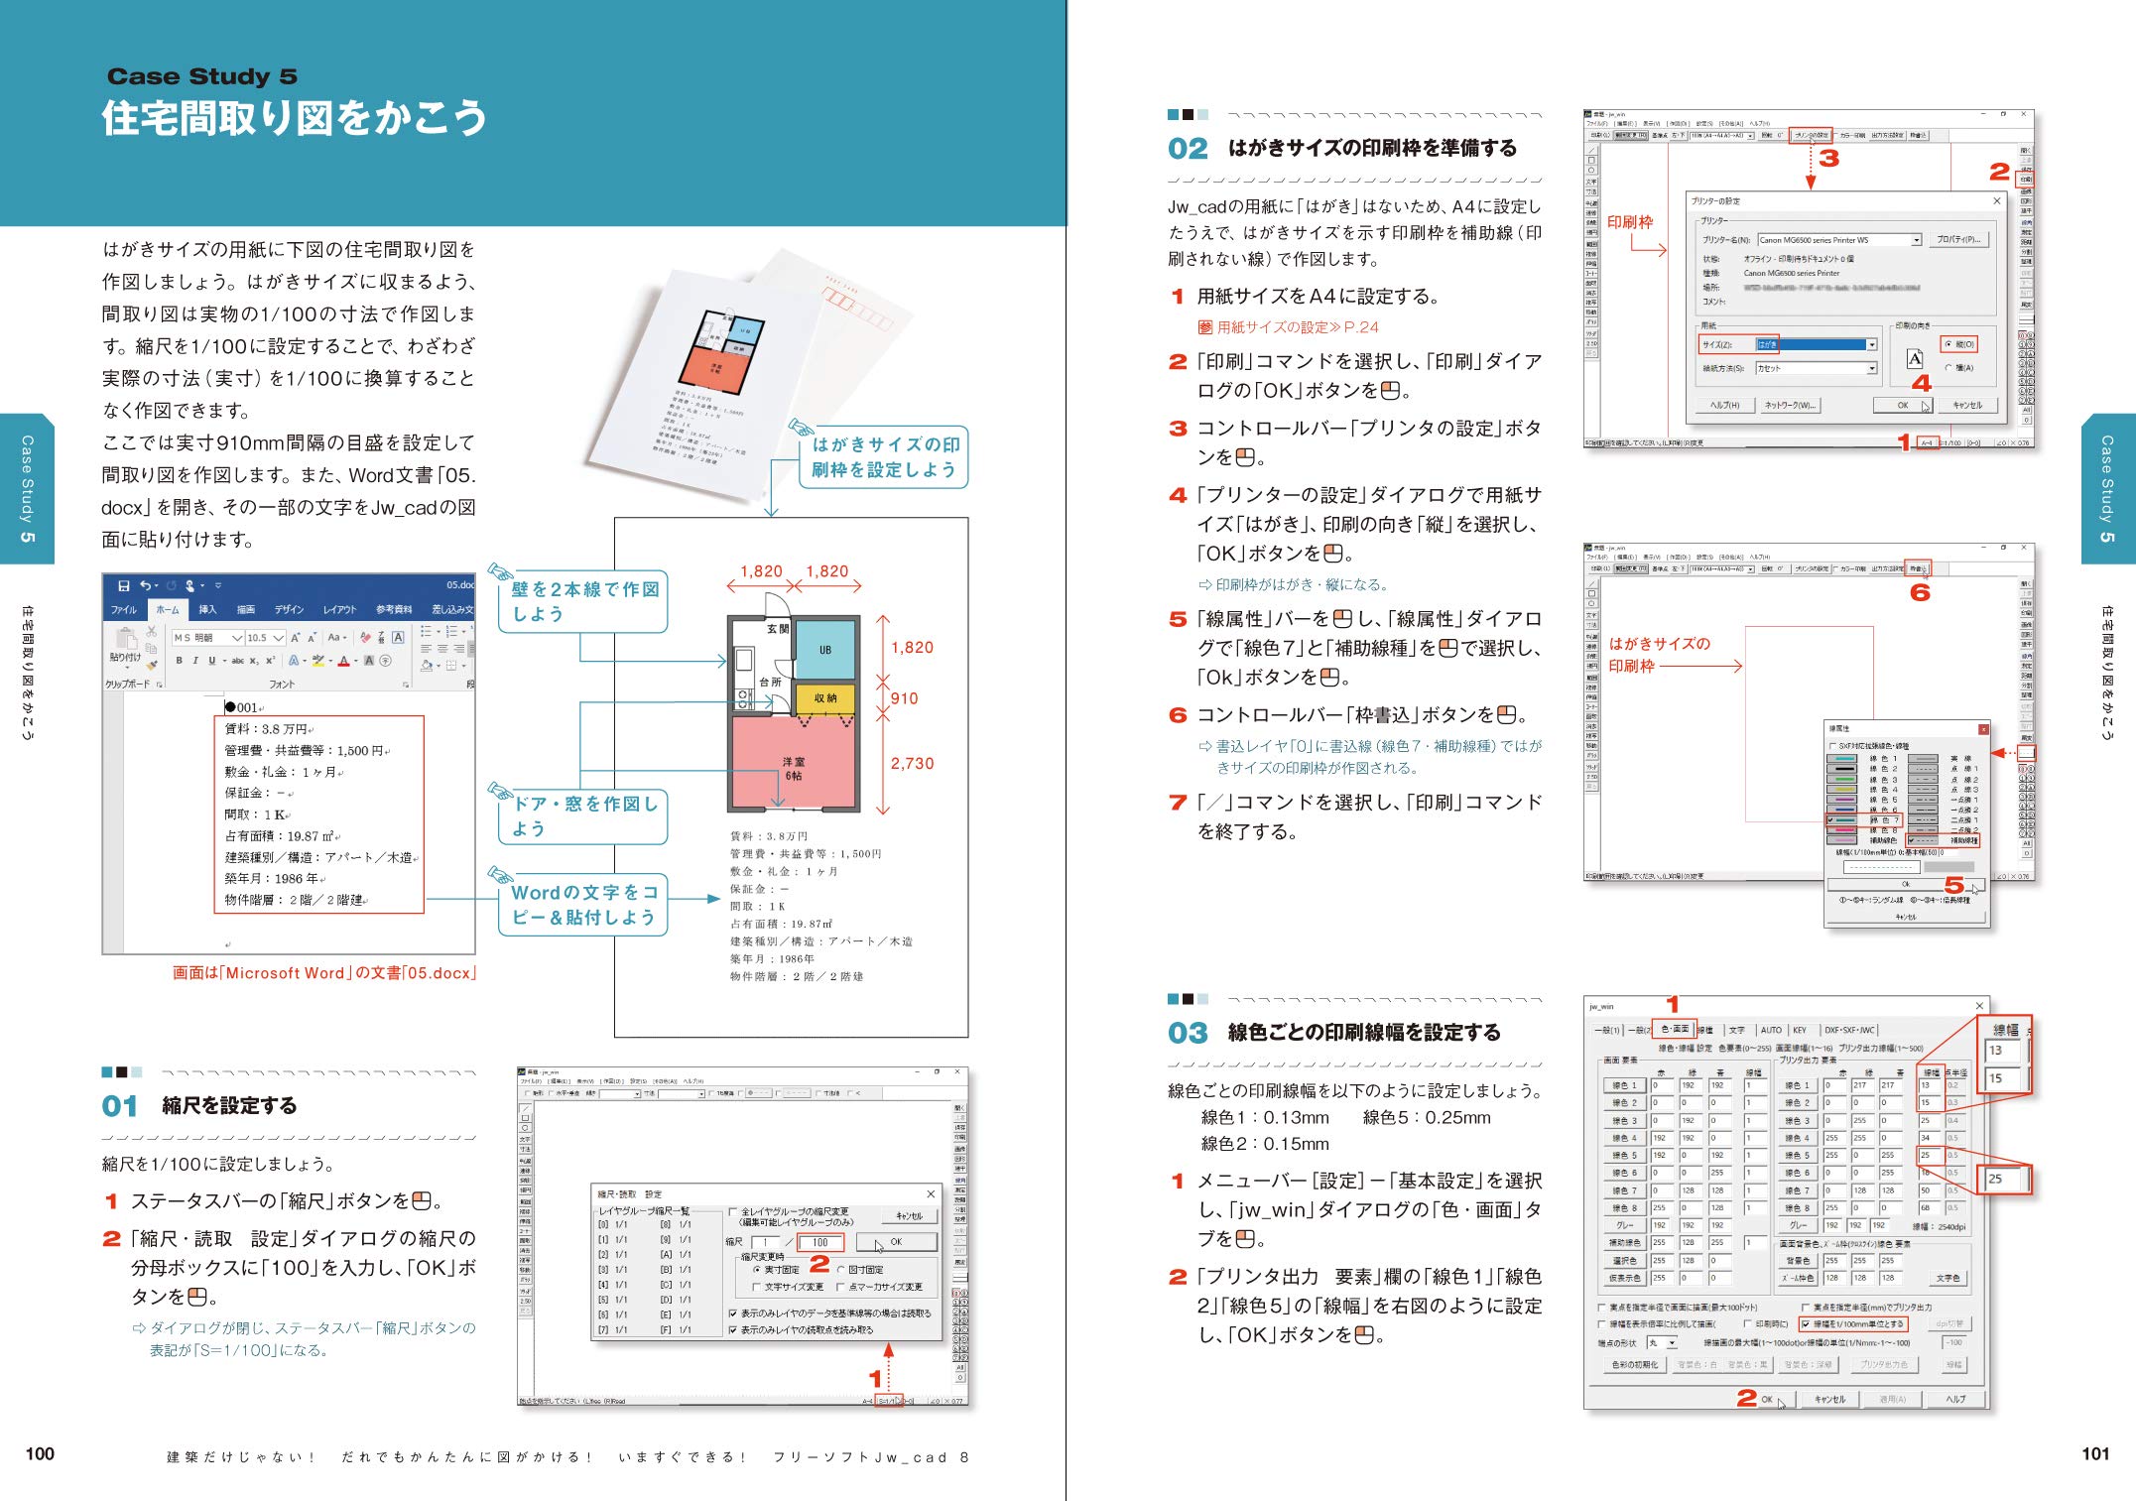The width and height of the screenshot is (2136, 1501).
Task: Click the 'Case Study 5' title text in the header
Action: point(201,76)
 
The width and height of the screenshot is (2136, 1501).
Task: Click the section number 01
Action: point(120,1106)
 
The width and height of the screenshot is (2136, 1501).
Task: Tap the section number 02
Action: point(1188,149)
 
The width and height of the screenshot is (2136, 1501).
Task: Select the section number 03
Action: point(1188,1033)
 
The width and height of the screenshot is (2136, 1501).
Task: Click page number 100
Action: point(40,1453)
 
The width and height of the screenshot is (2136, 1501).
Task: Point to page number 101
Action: point(2095,1453)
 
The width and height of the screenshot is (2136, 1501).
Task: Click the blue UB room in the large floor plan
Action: point(825,650)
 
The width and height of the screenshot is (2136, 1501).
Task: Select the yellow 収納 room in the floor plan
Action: point(824,698)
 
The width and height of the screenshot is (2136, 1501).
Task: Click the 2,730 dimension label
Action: point(912,763)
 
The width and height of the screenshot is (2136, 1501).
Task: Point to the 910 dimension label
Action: point(904,698)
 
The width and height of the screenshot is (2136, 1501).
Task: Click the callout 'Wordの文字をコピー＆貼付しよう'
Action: point(583,905)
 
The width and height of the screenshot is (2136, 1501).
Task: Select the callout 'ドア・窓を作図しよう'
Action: point(583,815)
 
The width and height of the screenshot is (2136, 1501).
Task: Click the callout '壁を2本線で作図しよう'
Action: point(583,601)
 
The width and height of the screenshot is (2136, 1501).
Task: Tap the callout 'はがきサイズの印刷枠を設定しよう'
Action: point(884,457)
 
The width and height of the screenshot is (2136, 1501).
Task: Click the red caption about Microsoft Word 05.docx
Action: point(323,973)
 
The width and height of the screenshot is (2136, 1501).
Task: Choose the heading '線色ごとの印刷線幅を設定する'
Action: point(1364,1033)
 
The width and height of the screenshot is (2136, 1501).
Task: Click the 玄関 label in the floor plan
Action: point(778,629)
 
